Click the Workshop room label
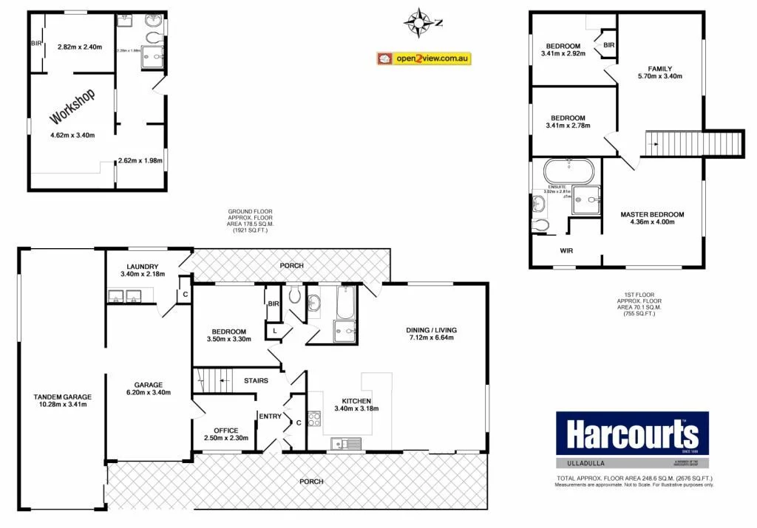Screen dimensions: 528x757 72,107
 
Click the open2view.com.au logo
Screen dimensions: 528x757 424,58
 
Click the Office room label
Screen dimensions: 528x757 225,431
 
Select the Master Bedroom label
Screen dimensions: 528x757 652,214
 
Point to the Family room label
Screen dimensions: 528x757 659,68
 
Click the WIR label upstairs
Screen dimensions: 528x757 566,251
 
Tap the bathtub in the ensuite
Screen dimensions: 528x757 568,172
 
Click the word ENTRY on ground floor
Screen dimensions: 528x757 270,416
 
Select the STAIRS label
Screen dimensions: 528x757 255,381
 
